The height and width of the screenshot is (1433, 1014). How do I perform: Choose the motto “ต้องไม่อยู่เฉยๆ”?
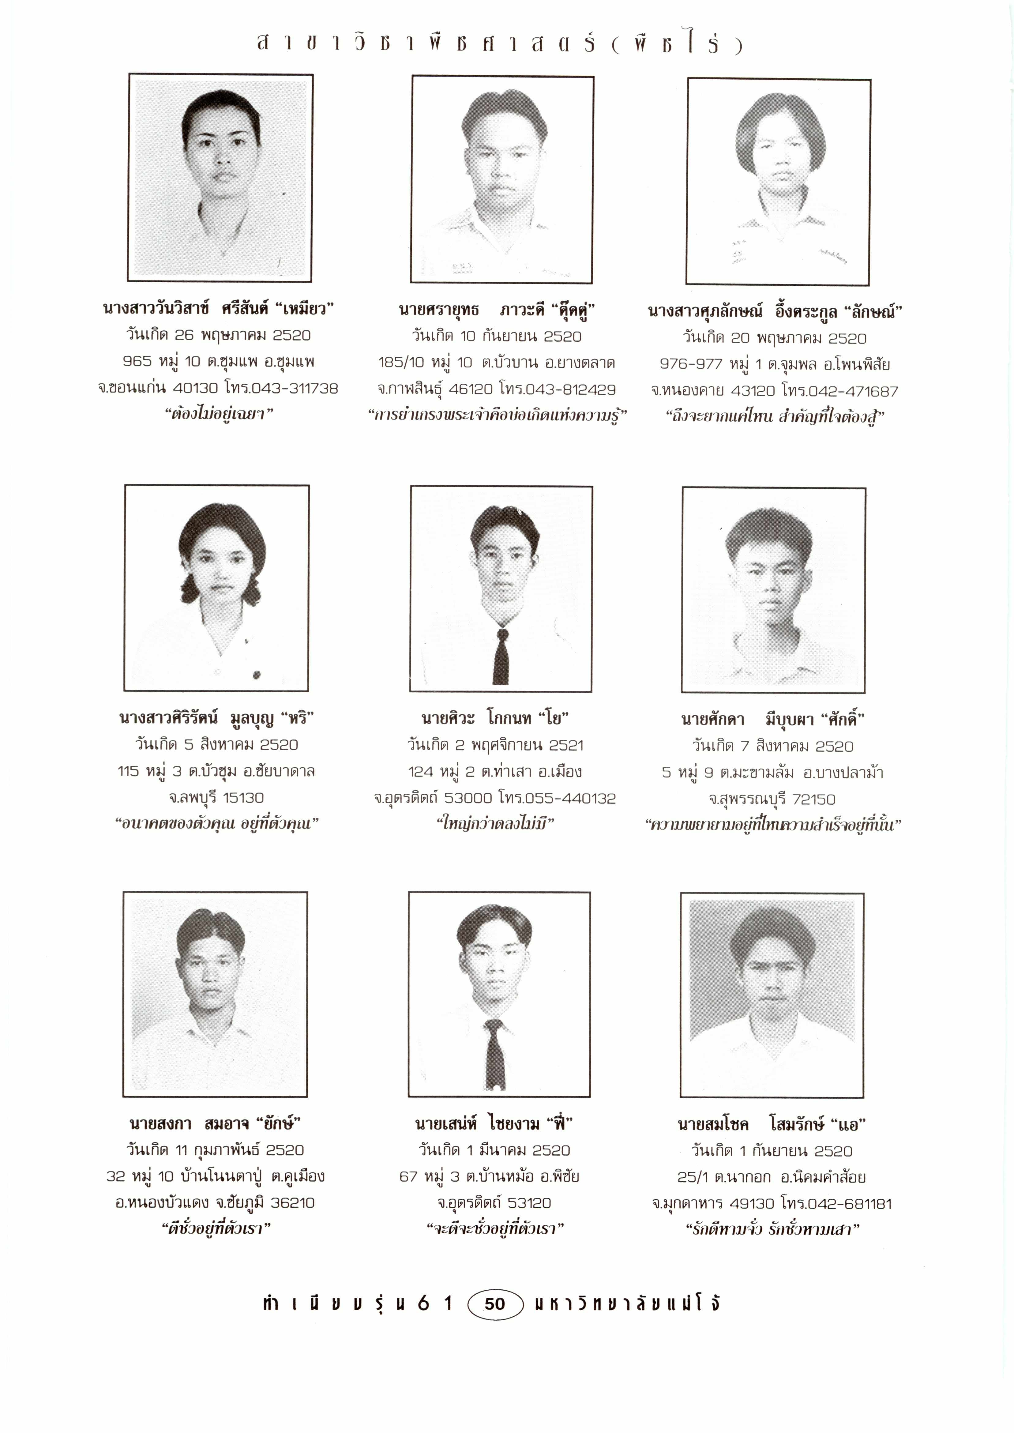[219, 414]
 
